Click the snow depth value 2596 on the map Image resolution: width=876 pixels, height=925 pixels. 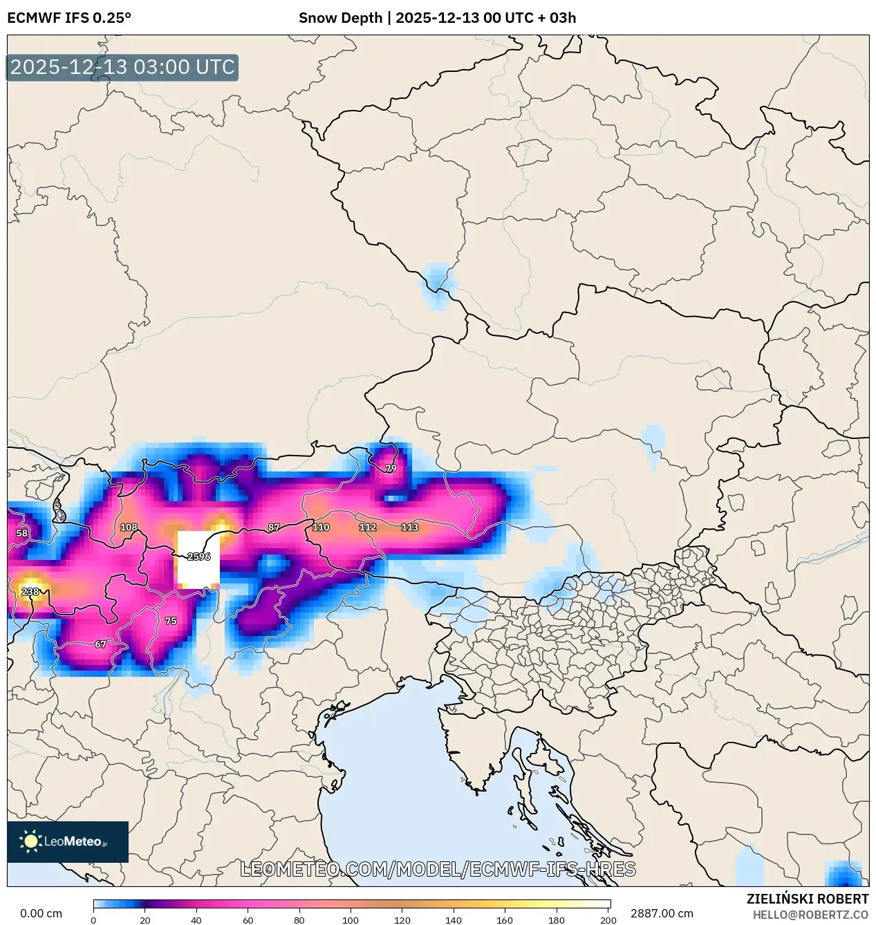198,557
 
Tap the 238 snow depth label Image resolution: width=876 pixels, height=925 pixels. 30,592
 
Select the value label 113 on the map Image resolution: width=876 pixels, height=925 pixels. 410,527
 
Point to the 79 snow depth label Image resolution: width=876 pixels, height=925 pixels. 391,468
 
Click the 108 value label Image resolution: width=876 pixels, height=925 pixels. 129,527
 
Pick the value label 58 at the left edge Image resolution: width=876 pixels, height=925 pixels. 22,533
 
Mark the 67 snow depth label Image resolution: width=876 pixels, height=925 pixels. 100,644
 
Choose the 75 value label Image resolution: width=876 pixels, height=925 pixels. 171,621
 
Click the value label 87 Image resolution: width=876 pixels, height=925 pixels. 274,527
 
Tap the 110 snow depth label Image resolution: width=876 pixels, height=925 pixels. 321,527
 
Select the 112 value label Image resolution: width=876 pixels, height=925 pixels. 367,527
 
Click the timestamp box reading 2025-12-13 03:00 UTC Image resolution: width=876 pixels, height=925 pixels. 122,68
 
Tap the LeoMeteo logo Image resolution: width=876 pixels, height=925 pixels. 68,841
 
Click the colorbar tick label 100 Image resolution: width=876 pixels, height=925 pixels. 351,920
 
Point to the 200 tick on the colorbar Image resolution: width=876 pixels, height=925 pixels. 608,920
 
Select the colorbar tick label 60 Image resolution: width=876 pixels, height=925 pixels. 248,920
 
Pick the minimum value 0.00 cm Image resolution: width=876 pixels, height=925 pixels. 41,913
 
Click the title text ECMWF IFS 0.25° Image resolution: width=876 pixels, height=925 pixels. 69,18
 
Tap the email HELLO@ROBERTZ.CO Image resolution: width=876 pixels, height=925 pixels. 810,915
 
